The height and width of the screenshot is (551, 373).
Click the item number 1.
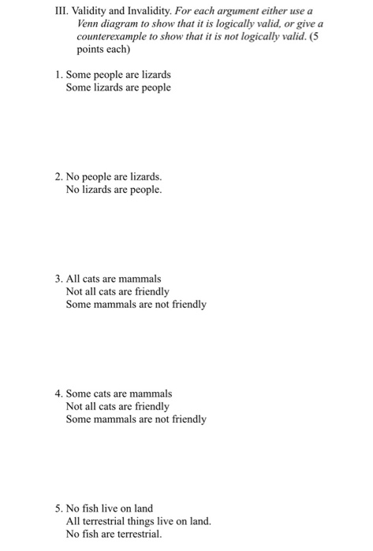click(58, 75)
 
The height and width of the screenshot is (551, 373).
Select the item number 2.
click(58, 177)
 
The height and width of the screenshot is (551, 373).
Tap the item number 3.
click(58, 279)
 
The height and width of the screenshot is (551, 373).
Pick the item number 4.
click(58, 393)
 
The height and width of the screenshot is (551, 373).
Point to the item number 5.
click(58, 508)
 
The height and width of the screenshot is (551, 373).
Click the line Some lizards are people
click(118, 87)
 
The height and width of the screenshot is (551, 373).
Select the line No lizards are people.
click(114, 190)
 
